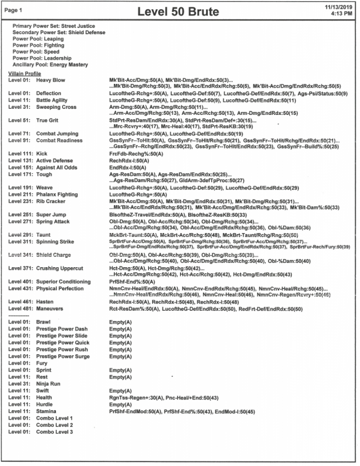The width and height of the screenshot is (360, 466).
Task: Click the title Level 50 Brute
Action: (181, 11)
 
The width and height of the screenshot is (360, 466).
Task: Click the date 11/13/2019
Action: (339, 6)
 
